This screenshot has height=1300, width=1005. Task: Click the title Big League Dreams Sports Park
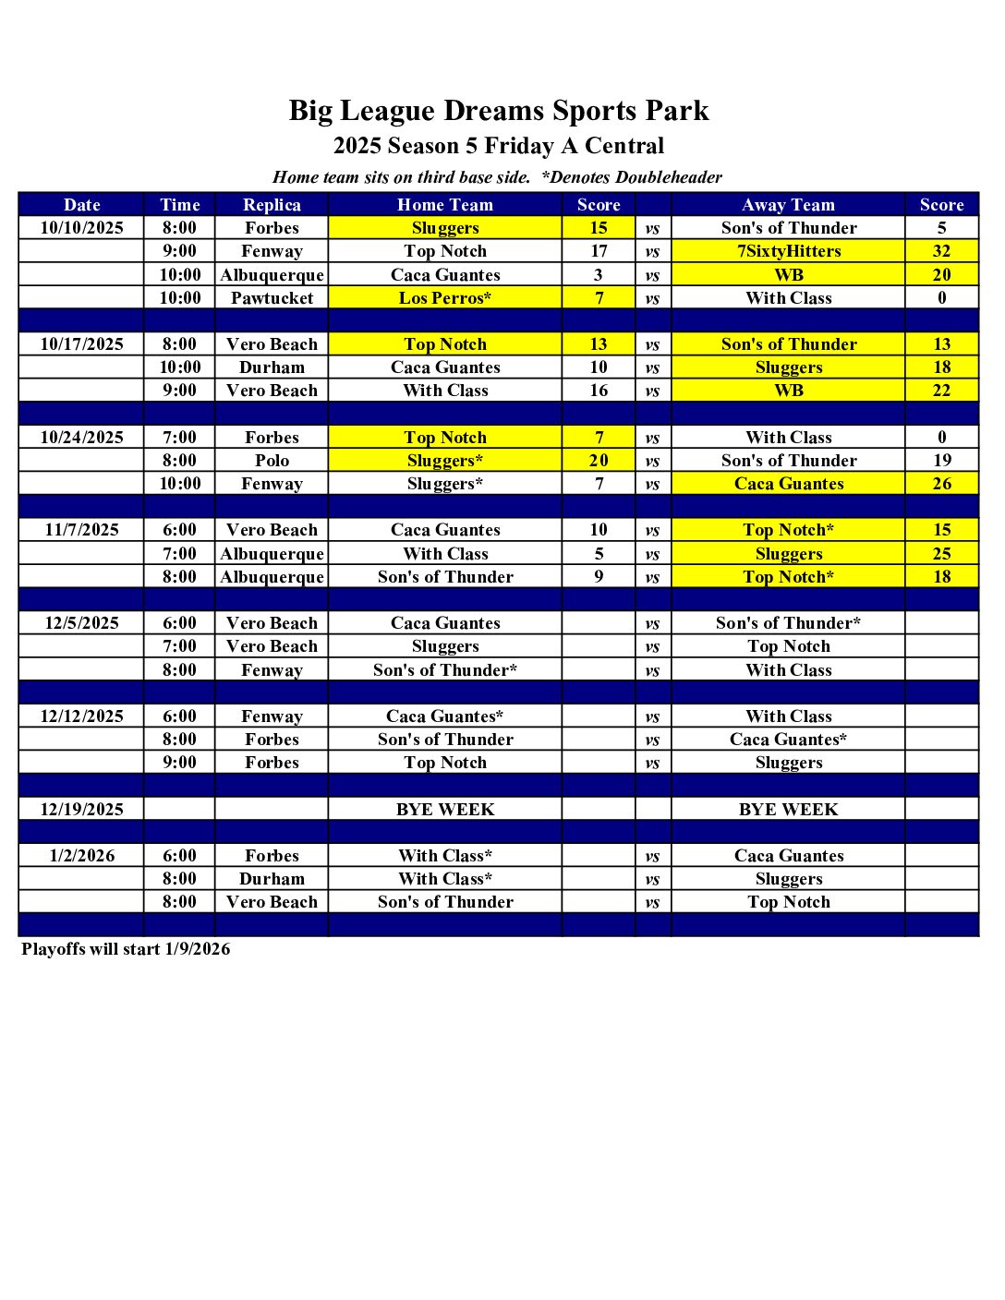coord(499,111)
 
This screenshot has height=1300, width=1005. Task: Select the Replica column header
coord(272,205)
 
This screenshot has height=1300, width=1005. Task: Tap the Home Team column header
coord(445,205)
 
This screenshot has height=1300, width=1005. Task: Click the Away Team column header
coord(788,205)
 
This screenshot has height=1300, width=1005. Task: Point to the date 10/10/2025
coord(81,228)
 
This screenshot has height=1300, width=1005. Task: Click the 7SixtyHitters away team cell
coord(788,251)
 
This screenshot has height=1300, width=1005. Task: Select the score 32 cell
coord(941,251)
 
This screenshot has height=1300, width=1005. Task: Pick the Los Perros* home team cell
coord(445,298)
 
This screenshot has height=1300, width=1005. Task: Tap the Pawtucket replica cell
coord(272,298)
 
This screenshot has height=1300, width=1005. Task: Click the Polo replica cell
coord(272,461)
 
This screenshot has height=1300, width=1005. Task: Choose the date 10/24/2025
coord(81,438)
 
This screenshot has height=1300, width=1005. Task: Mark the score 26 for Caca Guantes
coord(941,484)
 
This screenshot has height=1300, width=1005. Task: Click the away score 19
coord(941,461)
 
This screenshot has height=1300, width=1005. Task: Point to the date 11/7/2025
coord(81,530)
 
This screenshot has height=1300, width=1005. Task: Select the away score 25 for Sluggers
coord(941,554)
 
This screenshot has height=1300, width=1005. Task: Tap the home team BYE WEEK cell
coord(445,810)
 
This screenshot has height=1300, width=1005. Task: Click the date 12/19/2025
coord(81,810)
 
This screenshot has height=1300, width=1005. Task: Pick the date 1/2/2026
coord(81,856)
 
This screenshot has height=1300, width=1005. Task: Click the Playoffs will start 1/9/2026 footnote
coord(126,949)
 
